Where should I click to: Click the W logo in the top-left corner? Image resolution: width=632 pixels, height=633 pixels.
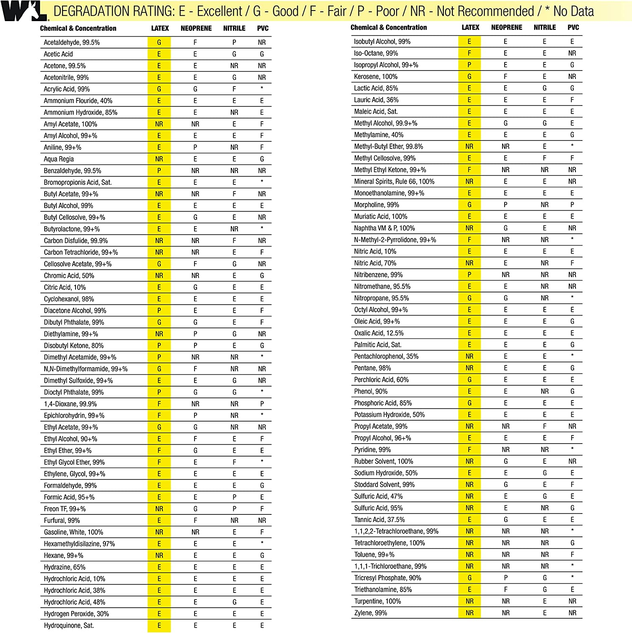tap(24, 11)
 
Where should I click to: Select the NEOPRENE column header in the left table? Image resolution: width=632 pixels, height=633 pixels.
tap(196, 28)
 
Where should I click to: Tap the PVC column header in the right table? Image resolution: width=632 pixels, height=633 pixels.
tap(573, 27)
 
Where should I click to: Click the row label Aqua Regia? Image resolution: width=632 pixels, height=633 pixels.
tap(59, 159)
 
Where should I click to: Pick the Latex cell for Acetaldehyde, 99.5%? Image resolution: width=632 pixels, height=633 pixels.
tap(159, 43)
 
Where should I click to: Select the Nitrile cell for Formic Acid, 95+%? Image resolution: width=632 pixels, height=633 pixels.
tap(234, 497)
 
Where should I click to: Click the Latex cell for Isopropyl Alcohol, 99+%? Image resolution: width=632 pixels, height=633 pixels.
tap(469, 65)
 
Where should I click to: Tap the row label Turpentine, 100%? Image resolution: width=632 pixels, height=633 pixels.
tap(377, 601)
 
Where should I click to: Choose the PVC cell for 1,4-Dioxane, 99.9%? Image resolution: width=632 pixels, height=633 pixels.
tap(262, 404)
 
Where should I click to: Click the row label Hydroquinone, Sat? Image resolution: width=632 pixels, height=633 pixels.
tap(69, 625)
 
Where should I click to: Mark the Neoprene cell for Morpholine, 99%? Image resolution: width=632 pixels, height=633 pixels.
tap(505, 205)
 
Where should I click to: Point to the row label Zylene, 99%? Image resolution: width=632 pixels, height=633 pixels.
tap(370, 613)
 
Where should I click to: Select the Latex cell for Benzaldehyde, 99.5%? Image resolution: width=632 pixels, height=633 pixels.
tap(159, 171)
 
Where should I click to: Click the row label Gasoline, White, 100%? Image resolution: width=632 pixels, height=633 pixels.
tap(73, 532)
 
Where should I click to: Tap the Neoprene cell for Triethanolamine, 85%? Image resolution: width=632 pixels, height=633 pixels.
tap(505, 590)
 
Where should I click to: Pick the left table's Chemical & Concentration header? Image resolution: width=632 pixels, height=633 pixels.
tap(78, 28)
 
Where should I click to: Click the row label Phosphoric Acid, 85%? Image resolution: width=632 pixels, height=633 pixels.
tap(383, 403)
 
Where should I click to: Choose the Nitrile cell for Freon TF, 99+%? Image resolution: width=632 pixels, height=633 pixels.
tap(234, 509)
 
